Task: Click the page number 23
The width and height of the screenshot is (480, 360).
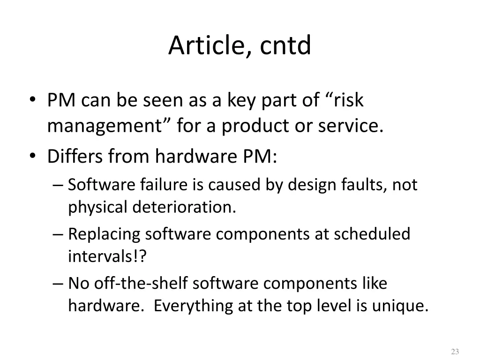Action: (x=454, y=352)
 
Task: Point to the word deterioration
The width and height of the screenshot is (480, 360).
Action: (x=184, y=207)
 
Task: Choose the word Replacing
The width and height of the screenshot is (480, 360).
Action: (x=104, y=234)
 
